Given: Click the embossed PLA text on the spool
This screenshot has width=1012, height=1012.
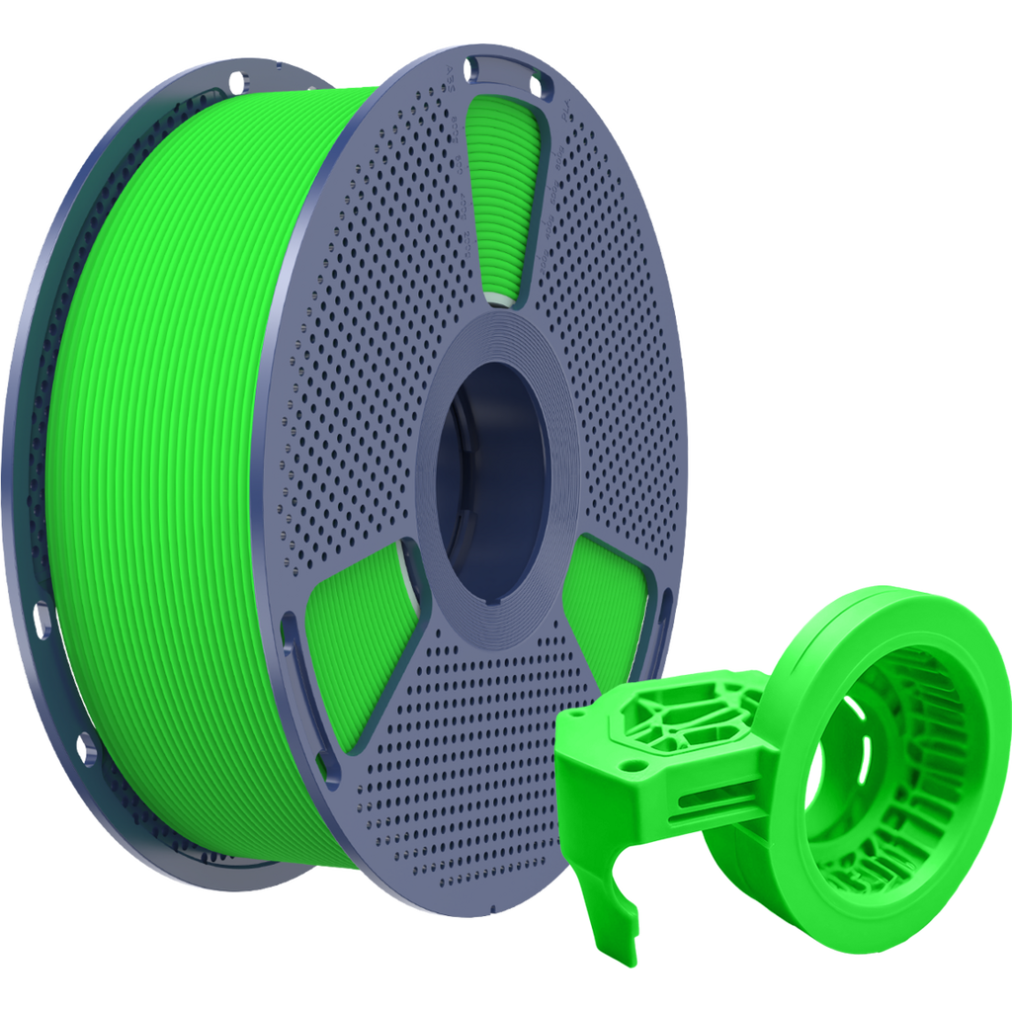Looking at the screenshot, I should click(x=566, y=118).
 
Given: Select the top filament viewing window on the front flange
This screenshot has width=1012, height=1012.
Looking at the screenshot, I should click(x=505, y=198).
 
